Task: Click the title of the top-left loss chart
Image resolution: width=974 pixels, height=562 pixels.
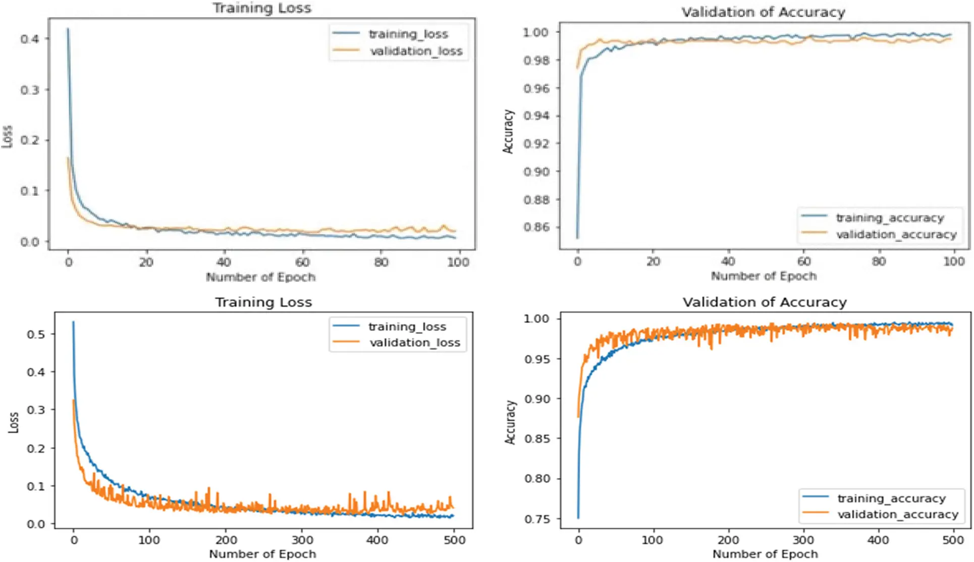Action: tap(261, 8)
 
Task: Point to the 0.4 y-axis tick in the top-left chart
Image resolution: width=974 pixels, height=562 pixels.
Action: tap(29, 39)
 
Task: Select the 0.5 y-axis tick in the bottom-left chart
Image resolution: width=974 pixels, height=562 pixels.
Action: tap(35, 334)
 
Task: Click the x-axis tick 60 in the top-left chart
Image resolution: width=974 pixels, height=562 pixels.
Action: tap(302, 262)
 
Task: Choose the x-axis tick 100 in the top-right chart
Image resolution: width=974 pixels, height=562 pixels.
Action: tap(953, 261)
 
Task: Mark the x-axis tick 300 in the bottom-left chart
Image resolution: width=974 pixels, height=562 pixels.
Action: tap(302, 540)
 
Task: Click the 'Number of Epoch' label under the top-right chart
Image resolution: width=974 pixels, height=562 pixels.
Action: tap(764, 276)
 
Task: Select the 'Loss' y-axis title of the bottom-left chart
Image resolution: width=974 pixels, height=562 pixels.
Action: tap(14, 422)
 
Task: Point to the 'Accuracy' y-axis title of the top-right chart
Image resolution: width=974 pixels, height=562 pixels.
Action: tap(509, 131)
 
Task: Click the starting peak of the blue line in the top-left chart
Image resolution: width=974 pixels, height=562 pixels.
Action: tap(68, 29)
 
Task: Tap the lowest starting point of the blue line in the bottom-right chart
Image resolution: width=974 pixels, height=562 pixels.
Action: tap(578, 517)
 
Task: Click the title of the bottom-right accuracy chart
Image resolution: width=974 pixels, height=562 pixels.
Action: tap(765, 302)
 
